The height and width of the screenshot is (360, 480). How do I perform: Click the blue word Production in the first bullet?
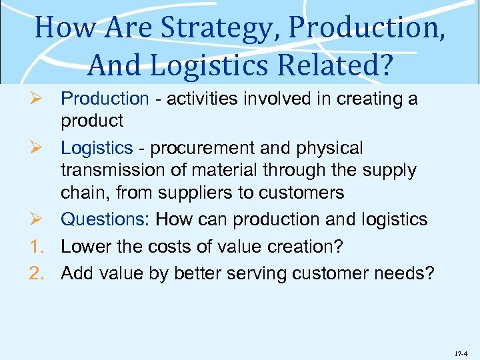click(105, 99)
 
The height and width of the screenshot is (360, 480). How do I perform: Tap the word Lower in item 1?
click(83, 246)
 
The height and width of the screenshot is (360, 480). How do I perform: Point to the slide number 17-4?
click(462, 348)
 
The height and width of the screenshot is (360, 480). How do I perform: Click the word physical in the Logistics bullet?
click(327, 147)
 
